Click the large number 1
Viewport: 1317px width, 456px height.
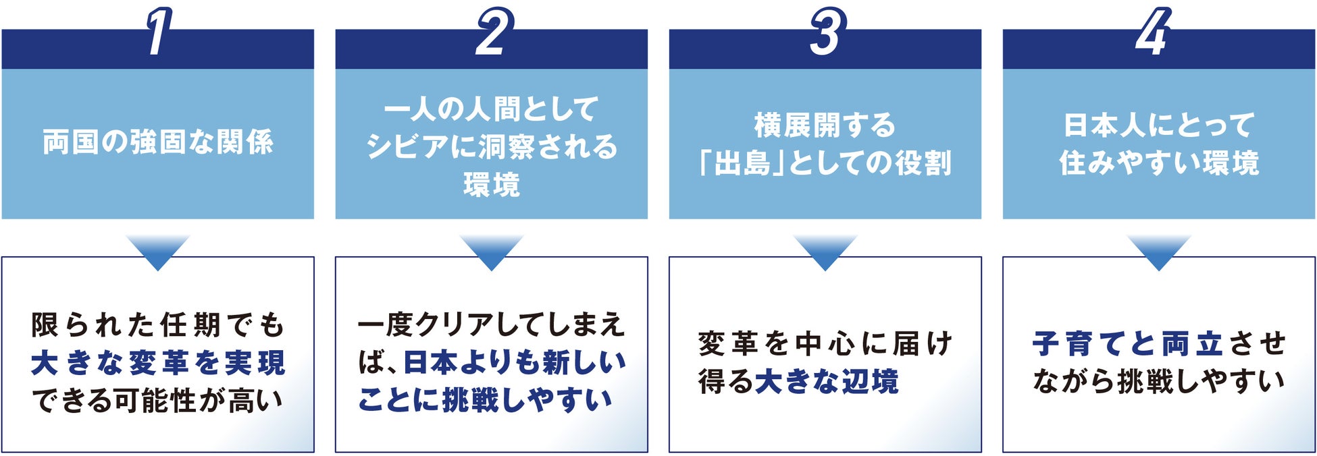(x=158, y=32)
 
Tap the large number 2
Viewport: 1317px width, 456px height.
(x=493, y=32)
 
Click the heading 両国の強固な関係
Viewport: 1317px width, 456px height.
(x=158, y=142)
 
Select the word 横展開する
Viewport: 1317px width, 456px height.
(x=825, y=125)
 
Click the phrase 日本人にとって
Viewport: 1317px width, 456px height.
(x=1159, y=125)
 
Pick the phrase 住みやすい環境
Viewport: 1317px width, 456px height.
(x=1159, y=163)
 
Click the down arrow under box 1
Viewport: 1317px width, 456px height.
(x=158, y=252)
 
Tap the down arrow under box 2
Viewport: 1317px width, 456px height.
(x=492, y=252)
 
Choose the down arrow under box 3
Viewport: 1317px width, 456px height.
(x=825, y=252)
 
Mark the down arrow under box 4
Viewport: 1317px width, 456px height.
(x=1159, y=252)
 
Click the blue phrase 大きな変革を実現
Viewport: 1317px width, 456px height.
(x=159, y=363)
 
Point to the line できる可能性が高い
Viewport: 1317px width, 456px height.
(x=157, y=401)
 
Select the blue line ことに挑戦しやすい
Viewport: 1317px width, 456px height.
(x=485, y=401)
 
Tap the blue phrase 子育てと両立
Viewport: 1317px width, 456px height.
(x=1128, y=344)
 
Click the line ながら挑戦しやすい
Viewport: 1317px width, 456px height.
(x=1159, y=382)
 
